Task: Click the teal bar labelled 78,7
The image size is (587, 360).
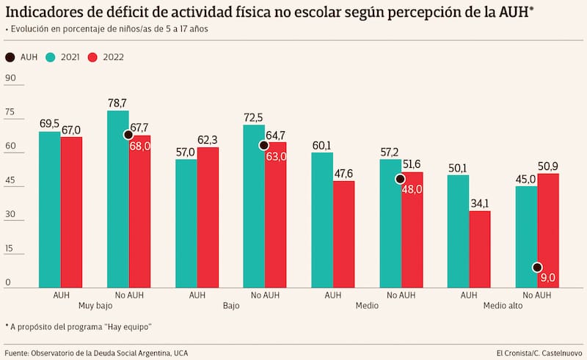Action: click(x=117, y=198)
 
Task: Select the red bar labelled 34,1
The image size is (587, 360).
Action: click(x=480, y=249)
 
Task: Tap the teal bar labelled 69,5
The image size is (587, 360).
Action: click(x=50, y=209)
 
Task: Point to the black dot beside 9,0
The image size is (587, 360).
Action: click(x=538, y=268)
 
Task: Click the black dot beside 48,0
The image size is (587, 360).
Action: click(x=401, y=179)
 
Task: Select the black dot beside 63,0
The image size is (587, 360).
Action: click(x=264, y=146)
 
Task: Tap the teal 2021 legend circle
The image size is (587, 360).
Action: click(x=51, y=57)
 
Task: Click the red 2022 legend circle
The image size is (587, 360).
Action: click(x=93, y=57)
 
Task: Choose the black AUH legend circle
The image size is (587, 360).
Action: click(x=10, y=57)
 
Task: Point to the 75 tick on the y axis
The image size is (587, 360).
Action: click(x=10, y=112)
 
